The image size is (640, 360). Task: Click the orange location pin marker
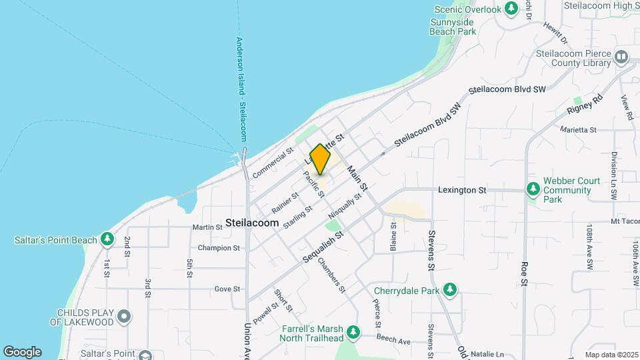point(320,159)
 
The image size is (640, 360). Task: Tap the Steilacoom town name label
point(252,223)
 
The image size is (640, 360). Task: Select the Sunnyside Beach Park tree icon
point(511,9)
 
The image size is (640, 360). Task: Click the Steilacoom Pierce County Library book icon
point(621,57)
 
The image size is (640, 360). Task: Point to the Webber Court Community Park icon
point(533,190)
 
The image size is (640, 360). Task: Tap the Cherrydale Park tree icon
point(451,289)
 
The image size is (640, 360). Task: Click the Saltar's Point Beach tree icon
point(107,239)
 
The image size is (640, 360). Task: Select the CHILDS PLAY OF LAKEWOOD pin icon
point(124,317)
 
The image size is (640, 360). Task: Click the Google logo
point(22,351)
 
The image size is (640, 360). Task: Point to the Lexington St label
point(462,190)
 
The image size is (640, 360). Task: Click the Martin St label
point(207,227)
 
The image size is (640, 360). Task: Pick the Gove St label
point(227,289)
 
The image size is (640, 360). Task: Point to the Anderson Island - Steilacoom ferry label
point(241,88)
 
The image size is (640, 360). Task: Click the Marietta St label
point(577,129)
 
